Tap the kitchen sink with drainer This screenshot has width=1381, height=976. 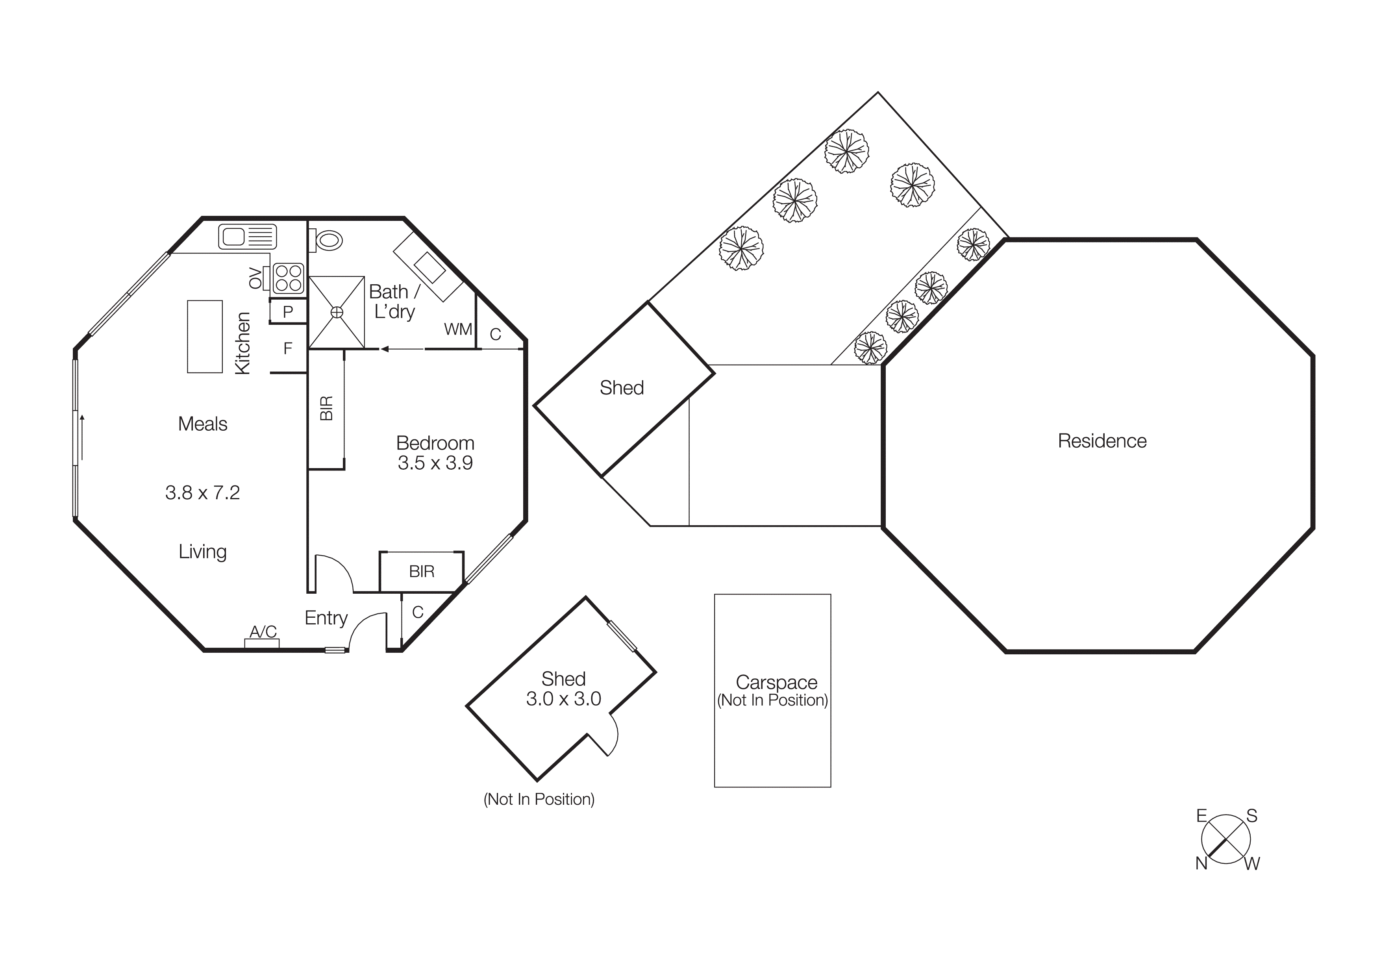pyautogui.click(x=247, y=236)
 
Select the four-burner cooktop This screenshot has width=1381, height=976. pyautogui.click(x=288, y=278)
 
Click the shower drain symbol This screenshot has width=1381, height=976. pyautogui.click(x=337, y=312)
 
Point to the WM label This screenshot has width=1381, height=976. pyautogui.click(x=458, y=330)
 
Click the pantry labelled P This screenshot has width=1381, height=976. pyautogui.click(x=287, y=311)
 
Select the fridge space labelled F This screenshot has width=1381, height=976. pyautogui.click(x=287, y=348)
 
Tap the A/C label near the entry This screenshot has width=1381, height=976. pyautogui.click(x=263, y=632)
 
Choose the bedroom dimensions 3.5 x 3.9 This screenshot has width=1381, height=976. pyautogui.click(x=435, y=463)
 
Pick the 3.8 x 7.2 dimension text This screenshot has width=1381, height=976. pyautogui.click(x=203, y=493)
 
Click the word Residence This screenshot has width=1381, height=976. pyautogui.click(x=1102, y=441)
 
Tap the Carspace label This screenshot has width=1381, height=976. pyautogui.click(x=776, y=683)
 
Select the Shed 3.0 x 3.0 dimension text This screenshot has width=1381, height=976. pyautogui.click(x=563, y=699)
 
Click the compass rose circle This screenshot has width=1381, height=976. pyautogui.click(x=1226, y=839)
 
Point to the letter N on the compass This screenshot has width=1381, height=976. pyautogui.click(x=1201, y=863)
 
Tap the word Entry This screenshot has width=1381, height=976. pyautogui.click(x=326, y=618)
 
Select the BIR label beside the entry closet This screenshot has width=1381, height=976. pyautogui.click(x=421, y=571)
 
